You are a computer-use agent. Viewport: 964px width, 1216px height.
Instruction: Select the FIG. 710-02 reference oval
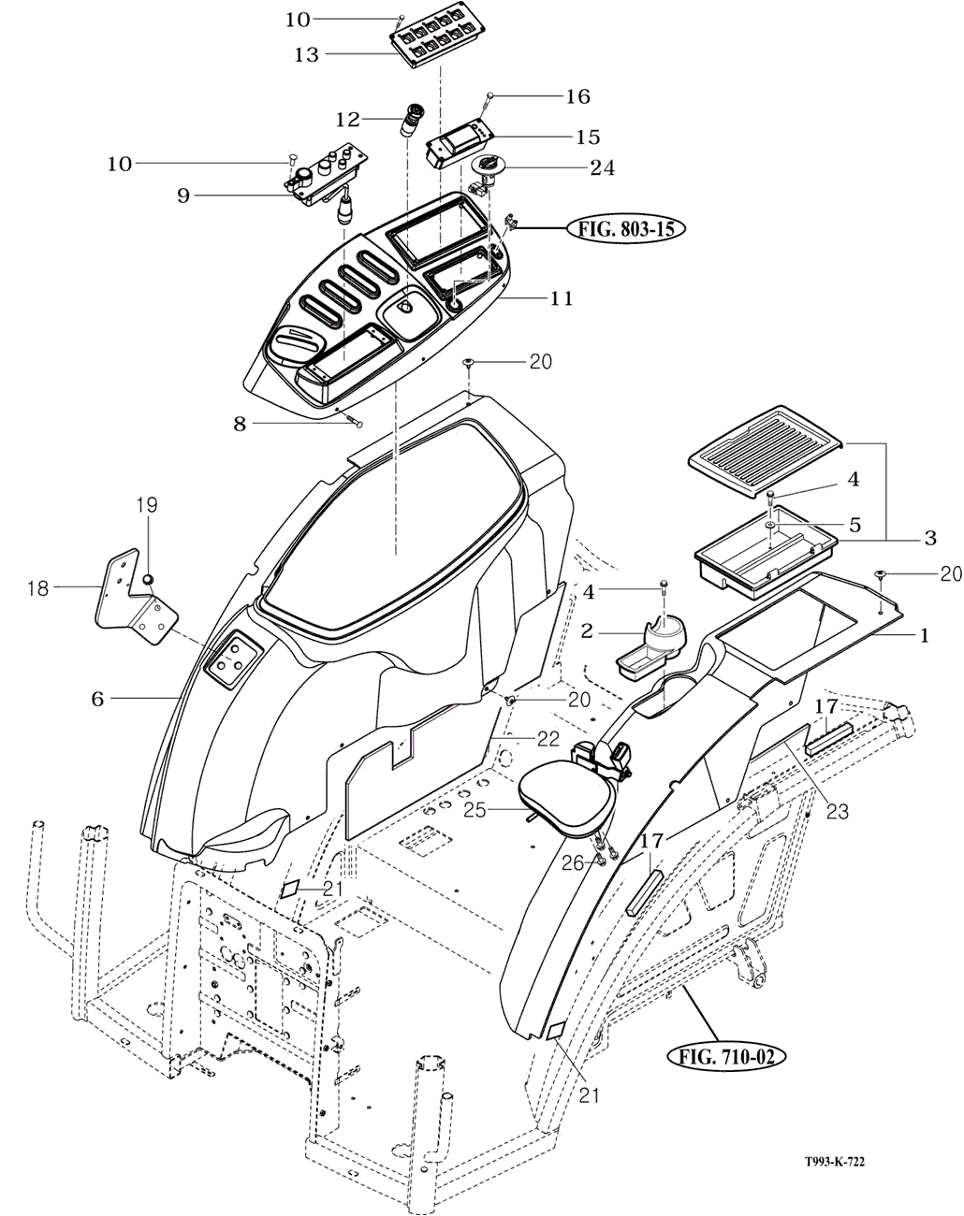coord(726,1058)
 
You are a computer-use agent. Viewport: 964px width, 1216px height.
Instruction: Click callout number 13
coord(306,55)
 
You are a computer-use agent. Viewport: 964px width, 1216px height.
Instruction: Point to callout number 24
coord(602,168)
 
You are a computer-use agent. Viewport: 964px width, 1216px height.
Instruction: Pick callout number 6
coord(97,698)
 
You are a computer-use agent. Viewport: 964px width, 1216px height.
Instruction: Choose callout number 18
coord(37,587)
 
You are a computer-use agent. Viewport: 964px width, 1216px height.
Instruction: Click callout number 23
coord(837,811)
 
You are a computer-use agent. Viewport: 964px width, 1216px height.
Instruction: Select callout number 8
coord(241,424)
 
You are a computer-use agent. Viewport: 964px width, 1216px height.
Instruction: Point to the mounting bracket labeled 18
coord(137,601)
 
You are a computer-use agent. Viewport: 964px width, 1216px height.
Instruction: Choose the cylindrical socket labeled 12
coord(412,122)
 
